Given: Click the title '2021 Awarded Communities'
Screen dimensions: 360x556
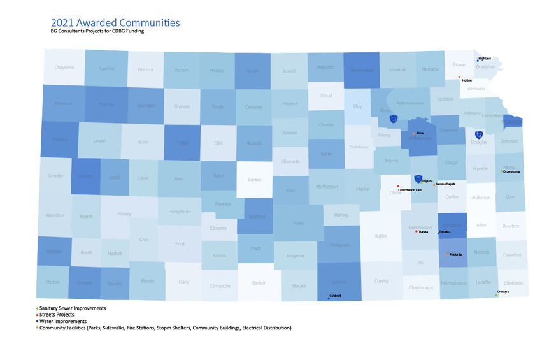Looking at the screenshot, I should click(x=115, y=22).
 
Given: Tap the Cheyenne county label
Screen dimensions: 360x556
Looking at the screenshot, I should click(x=64, y=67).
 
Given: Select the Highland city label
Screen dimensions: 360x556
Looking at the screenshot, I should click(x=485, y=59).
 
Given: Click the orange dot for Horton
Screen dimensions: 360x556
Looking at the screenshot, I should click(x=459, y=76).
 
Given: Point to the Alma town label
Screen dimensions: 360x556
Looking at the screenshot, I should click(x=402, y=134).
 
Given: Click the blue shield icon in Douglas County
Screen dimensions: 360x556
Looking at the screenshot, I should click(x=479, y=134).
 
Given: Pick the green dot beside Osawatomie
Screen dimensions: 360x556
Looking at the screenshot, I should click(x=502, y=171).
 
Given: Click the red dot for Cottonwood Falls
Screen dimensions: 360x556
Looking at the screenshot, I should click(x=398, y=186).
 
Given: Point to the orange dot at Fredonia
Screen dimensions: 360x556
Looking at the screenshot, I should click(x=446, y=255).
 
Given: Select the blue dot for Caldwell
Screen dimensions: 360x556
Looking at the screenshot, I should click(x=328, y=298).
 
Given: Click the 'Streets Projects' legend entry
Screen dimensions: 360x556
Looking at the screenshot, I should click(x=57, y=315).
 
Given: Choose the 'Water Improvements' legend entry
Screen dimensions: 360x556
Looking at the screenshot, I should click(x=63, y=321).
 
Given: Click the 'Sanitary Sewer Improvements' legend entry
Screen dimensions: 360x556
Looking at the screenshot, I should click(x=71, y=308).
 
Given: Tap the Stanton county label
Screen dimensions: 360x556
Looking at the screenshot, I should click(x=54, y=251).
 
